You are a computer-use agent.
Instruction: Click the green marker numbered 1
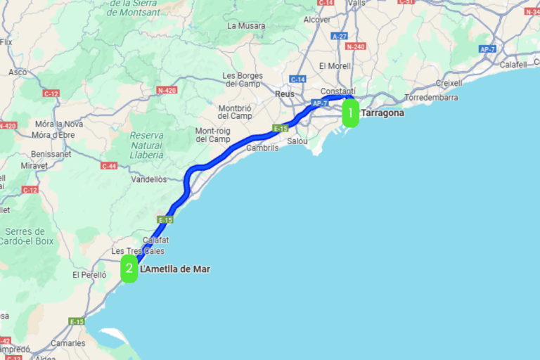click(350, 113)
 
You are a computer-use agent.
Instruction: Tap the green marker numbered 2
click(129, 269)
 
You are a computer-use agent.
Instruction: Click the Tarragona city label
click(382, 112)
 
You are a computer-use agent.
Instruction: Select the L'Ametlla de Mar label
click(175, 269)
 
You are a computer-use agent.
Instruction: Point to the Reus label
click(285, 94)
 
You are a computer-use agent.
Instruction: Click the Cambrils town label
click(262, 148)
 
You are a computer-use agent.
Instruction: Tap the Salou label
click(298, 141)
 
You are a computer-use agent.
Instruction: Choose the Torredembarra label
click(431, 98)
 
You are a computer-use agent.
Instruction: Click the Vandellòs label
click(149, 179)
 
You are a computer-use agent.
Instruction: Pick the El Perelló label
click(89, 275)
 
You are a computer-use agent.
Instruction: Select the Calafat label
click(156, 240)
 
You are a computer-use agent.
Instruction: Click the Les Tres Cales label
click(138, 251)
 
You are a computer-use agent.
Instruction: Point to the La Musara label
click(246, 26)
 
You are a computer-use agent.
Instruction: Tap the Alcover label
click(316, 20)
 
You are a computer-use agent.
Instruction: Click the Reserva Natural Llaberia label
click(146, 145)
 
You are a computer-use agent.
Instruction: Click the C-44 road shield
click(109, 166)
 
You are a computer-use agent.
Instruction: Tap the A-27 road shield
click(340, 36)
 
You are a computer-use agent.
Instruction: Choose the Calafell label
click(513, 65)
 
